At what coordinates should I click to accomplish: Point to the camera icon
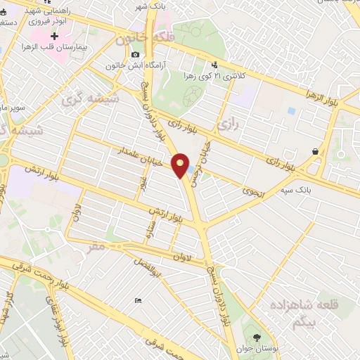135,54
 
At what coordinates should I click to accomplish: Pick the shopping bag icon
316,150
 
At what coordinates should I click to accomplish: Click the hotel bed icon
138,300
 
